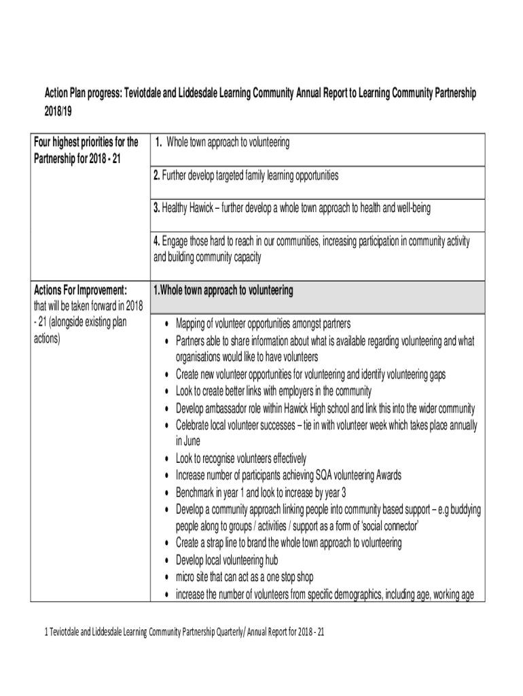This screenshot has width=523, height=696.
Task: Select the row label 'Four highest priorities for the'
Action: tap(86, 143)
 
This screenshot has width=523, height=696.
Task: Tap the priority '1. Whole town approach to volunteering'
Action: tap(221, 143)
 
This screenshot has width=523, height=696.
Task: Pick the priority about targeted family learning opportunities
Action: tap(245, 176)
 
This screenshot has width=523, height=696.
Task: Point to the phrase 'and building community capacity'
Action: tap(206, 258)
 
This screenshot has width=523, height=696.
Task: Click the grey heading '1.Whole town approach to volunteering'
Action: tap(223, 291)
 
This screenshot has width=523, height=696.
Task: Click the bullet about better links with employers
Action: tap(274, 391)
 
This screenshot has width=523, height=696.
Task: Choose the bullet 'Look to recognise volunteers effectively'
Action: tap(241, 458)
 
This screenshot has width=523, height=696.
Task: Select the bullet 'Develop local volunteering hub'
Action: tap(227, 560)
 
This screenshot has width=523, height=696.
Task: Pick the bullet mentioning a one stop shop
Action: tap(245, 577)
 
